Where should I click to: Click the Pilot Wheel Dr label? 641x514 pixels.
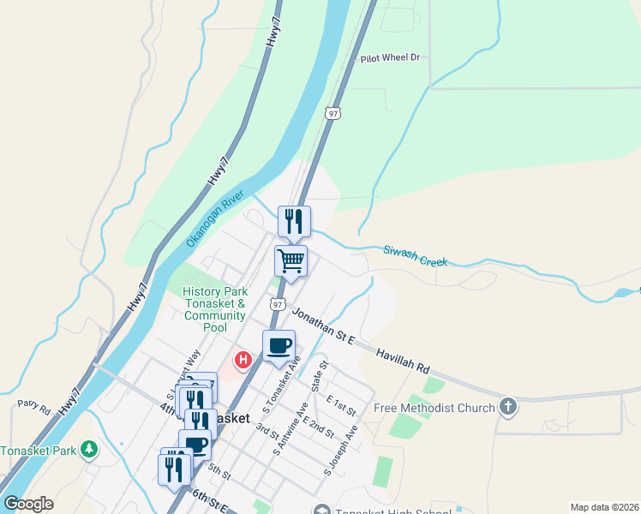[391, 58]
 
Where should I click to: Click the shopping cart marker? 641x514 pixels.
[291, 260]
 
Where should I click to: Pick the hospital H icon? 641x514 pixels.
[243, 360]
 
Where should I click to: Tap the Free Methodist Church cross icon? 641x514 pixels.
[508, 407]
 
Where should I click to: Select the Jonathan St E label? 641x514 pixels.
[320, 326]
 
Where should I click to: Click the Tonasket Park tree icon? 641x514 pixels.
[88, 449]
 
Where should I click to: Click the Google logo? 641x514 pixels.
[27, 504]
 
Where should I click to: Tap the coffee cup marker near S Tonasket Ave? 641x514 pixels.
[279, 345]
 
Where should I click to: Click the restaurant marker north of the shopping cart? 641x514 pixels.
[294, 221]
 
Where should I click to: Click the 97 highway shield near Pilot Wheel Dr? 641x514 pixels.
[333, 113]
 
